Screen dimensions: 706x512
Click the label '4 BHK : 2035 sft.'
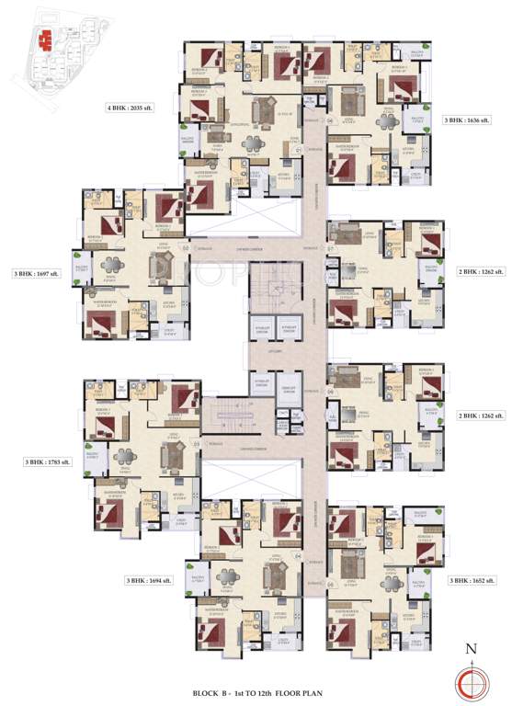point(135,108)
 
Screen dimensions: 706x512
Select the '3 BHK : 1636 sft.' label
point(468,120)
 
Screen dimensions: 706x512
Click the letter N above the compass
point(472,649)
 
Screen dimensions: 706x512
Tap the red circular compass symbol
point(472,681)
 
